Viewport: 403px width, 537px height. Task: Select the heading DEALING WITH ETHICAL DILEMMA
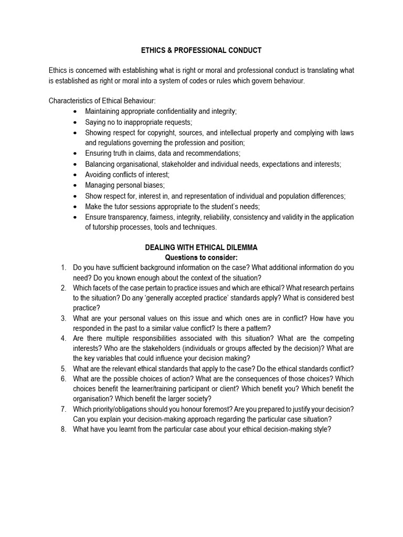[x=201, y=248]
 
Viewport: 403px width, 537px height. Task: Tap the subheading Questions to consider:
[x=201, y=257]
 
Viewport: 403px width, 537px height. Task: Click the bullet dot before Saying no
[x=76, y=122]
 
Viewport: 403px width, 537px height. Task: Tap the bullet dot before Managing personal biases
[x=76, y=185]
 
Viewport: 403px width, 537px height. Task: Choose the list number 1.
[x=63, y=268]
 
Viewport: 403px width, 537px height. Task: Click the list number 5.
[x=63, y=369]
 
